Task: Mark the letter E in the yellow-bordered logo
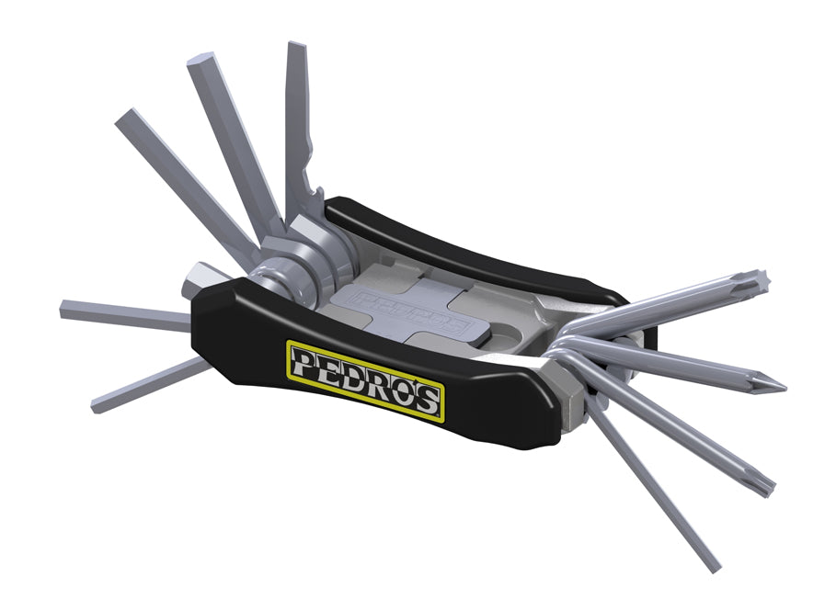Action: click(x=328, y=368)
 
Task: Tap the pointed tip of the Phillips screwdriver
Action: click(x=781, y=385)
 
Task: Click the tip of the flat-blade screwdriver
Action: click(x=296, y=48)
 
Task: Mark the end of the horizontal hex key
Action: click(x=66, y=310)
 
